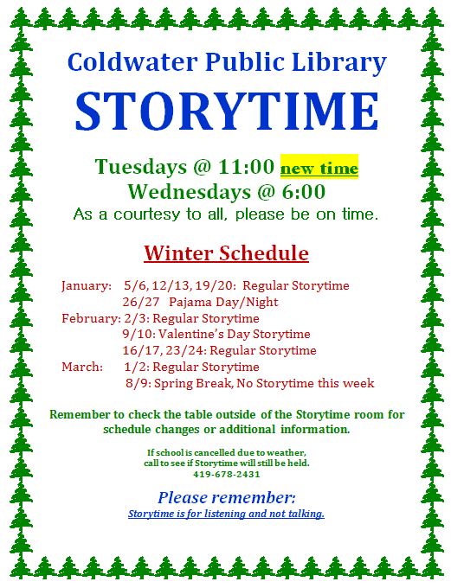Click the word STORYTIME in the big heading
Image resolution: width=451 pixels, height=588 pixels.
coord(226,111)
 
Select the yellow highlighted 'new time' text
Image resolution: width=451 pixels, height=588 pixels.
coord(319,168)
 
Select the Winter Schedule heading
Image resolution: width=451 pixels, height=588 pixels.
coord(226,253)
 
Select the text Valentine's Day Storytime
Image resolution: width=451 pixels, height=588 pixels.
coord(239,335)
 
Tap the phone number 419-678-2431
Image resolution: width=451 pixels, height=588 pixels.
coord(226,474)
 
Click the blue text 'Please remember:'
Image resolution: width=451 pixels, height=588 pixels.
coord(226,498)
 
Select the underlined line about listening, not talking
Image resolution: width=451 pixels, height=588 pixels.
coord(226,514)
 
